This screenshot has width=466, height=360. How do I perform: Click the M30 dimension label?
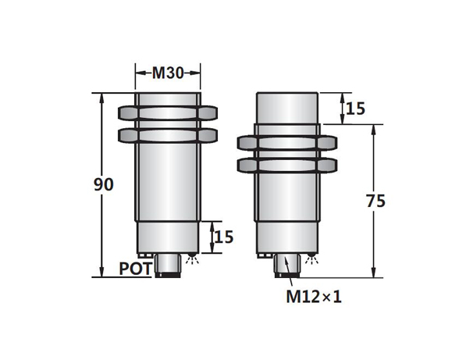168,73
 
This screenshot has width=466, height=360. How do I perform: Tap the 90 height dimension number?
104,184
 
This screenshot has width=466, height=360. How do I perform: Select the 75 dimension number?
375,201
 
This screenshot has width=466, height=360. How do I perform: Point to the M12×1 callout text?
314,297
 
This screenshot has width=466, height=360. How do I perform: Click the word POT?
136,269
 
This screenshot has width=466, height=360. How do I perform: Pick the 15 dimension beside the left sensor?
224,237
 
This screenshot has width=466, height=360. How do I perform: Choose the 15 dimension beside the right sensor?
355,109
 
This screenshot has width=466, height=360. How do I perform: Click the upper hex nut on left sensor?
168,113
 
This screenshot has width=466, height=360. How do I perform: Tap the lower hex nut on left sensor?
168,135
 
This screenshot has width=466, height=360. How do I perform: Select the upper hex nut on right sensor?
287,143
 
